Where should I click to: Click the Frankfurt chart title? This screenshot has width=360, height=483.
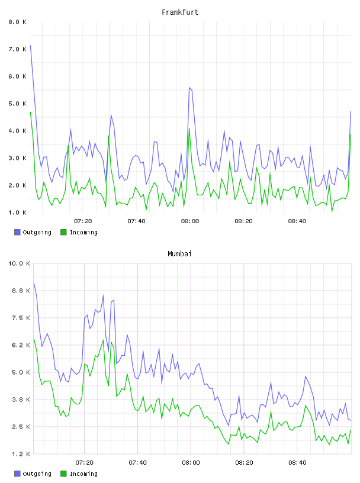(x=180, y=12)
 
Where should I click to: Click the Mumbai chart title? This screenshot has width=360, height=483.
(x=179, y=254)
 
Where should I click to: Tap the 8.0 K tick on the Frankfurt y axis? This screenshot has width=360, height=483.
(x=17, y=22)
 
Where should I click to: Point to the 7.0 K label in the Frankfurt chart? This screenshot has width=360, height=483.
(x=17, y=49)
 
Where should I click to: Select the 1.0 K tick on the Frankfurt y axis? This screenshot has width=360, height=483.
(x=17, y=212)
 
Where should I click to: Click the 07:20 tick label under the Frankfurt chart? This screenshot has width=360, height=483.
(x=83, y=221)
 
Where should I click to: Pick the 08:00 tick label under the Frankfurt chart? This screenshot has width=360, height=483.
(x=190, y=221)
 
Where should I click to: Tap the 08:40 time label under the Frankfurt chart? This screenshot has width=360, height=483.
(x=297, y=221)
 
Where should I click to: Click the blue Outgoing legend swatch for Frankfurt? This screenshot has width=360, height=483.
(x=17, y=232)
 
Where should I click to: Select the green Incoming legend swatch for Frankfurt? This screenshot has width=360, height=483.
(x=63, y=232)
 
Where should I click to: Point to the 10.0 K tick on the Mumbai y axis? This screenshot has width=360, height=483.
(x=19, y=263)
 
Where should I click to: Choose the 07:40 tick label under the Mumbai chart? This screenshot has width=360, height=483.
(x=137, y=463)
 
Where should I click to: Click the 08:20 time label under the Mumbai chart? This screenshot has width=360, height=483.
(x=244, y=463)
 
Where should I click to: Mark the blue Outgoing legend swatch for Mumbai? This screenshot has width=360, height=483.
(x=17, y=474)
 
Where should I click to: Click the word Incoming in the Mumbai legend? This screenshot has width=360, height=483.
(x=83, y=474)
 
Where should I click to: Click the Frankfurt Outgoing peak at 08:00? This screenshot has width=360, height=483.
(x=189, y=88)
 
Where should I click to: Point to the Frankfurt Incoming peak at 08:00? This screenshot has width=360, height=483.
(x=189, y=128)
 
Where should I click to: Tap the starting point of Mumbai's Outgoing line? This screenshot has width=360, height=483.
(x=34, y=283)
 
